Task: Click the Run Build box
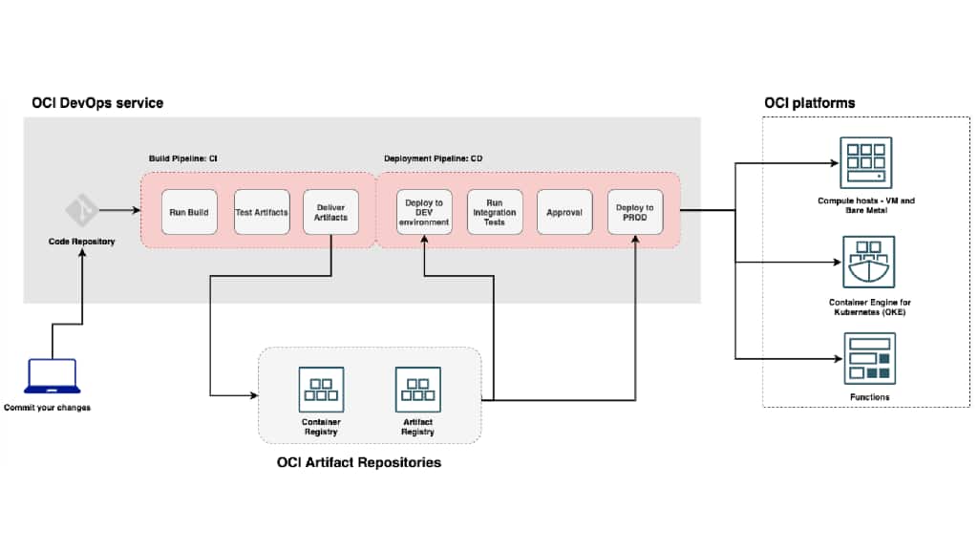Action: coord(189,212)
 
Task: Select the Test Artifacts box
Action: coord(262,212)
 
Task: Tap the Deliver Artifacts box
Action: coord(330,212)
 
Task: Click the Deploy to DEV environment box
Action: coord(424,212)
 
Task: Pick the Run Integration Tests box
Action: coord(495,212)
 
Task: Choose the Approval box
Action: coord(564,212)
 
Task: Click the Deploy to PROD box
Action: coord(635,212)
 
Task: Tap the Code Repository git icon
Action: coord(81,209)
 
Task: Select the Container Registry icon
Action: coord(321,390)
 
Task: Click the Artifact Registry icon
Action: coord(418,390)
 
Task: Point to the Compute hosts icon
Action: coord(865,164)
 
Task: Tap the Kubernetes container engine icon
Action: coord(865,264)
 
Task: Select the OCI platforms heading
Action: coord(810,103)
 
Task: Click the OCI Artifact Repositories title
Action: coord(359,463)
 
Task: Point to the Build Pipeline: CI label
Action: coord(182,159)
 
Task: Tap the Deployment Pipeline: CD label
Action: coord(434,159)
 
